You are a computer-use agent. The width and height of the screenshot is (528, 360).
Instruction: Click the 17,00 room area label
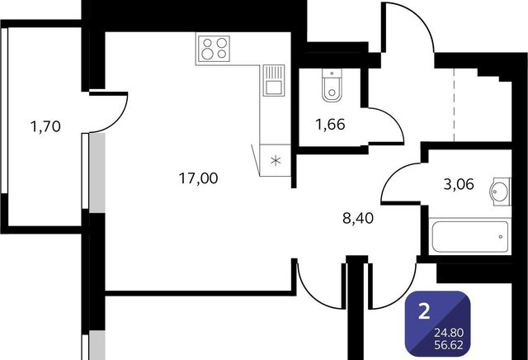pos(198,178)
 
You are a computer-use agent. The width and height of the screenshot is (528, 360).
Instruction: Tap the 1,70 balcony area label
pos(45,126)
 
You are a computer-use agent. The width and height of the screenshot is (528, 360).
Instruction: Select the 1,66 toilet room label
pos(330,125)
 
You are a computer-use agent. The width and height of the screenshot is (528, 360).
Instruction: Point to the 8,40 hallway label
pos(358,218)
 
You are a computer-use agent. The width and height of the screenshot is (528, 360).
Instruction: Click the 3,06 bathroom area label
pos(459,184)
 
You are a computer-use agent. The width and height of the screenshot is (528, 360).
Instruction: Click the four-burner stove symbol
pos(213,48)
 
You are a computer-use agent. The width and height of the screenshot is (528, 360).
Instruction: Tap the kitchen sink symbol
pos(274,81)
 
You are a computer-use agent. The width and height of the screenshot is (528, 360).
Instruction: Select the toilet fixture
pos(332,85)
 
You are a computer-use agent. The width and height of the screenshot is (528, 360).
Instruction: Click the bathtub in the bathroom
pos(470,236)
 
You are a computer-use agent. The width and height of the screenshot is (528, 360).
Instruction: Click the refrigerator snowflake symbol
pos(276,160)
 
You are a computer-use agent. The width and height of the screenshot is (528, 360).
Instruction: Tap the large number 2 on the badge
pos(424,311)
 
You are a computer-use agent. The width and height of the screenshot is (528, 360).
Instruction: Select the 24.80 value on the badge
pos(449,333)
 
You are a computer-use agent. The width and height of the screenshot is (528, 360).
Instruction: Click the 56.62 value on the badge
pos(449,345)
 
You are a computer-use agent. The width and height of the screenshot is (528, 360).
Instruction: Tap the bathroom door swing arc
pos(394,175)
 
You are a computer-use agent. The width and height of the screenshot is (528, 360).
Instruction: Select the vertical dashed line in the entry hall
pos(454,105)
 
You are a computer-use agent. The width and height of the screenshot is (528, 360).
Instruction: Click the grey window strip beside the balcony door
pos(97,173)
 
